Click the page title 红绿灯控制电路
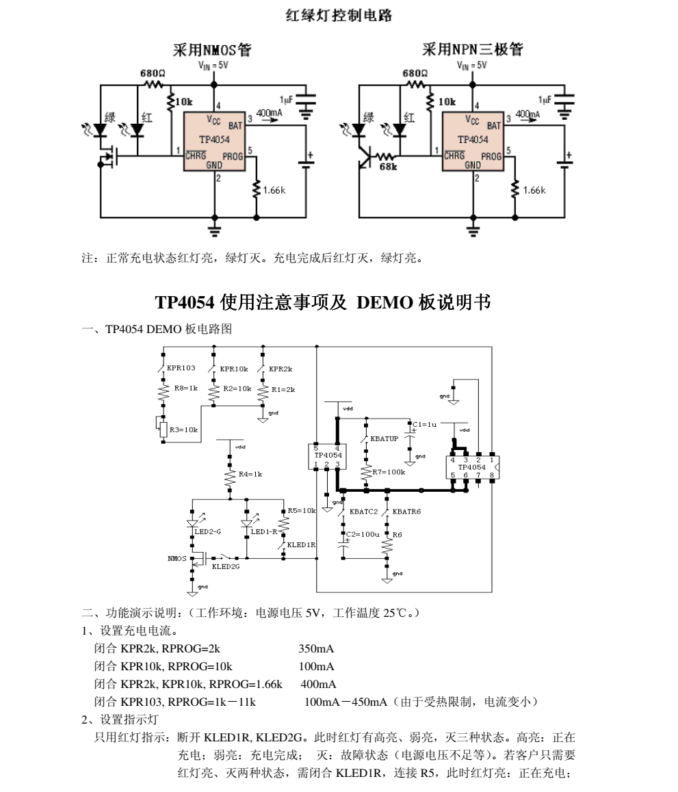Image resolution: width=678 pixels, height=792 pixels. (x=339, y=16)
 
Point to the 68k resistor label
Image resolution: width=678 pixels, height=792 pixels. (x=388, y=167)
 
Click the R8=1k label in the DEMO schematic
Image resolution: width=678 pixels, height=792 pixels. (x=185, y=388)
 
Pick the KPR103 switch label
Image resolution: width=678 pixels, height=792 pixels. (x=181, y=368)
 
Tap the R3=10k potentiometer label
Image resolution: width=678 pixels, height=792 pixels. (x=183, y=430)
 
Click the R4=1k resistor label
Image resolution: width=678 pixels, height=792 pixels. (x=251, y=473)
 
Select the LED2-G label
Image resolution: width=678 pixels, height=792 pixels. (x=207, y=531)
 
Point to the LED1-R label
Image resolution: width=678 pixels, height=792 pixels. (x=263, y=531)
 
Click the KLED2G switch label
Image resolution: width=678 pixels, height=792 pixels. (x=226, y=566)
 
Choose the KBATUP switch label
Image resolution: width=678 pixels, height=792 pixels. (x=384, y=438)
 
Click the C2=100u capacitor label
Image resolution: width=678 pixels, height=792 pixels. (x=363, y=533)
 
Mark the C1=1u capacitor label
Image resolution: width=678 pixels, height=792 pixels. (x=425, y=424)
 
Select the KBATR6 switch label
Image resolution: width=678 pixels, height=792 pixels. (x=406, y=511)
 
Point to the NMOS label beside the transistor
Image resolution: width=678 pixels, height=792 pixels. (x=177, y=559)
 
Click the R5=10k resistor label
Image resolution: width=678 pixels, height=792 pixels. (x=301, y=511)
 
